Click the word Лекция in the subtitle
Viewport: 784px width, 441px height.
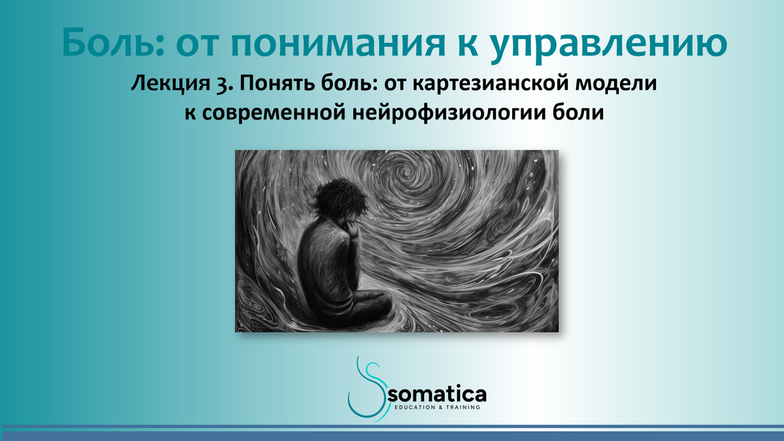(163, 85)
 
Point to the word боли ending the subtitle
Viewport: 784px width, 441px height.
(578, 113)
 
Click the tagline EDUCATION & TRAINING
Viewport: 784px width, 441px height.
(438, 407)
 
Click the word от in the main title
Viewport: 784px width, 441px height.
(197, 44)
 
